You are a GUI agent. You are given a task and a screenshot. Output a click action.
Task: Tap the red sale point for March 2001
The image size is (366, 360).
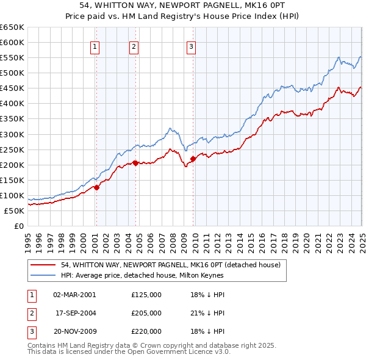click(96, 187)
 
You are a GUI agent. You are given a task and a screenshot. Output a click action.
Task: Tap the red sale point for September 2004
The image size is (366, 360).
click(135, 163)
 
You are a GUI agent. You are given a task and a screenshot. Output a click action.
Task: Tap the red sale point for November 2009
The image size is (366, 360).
click(193, 159)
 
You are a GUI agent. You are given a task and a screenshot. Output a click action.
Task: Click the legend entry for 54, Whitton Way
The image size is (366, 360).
click(170, 265)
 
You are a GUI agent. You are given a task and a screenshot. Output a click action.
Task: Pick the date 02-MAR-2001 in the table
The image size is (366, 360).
click(74, 295)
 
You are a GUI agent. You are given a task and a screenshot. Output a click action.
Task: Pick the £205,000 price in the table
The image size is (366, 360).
click(146, 313)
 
